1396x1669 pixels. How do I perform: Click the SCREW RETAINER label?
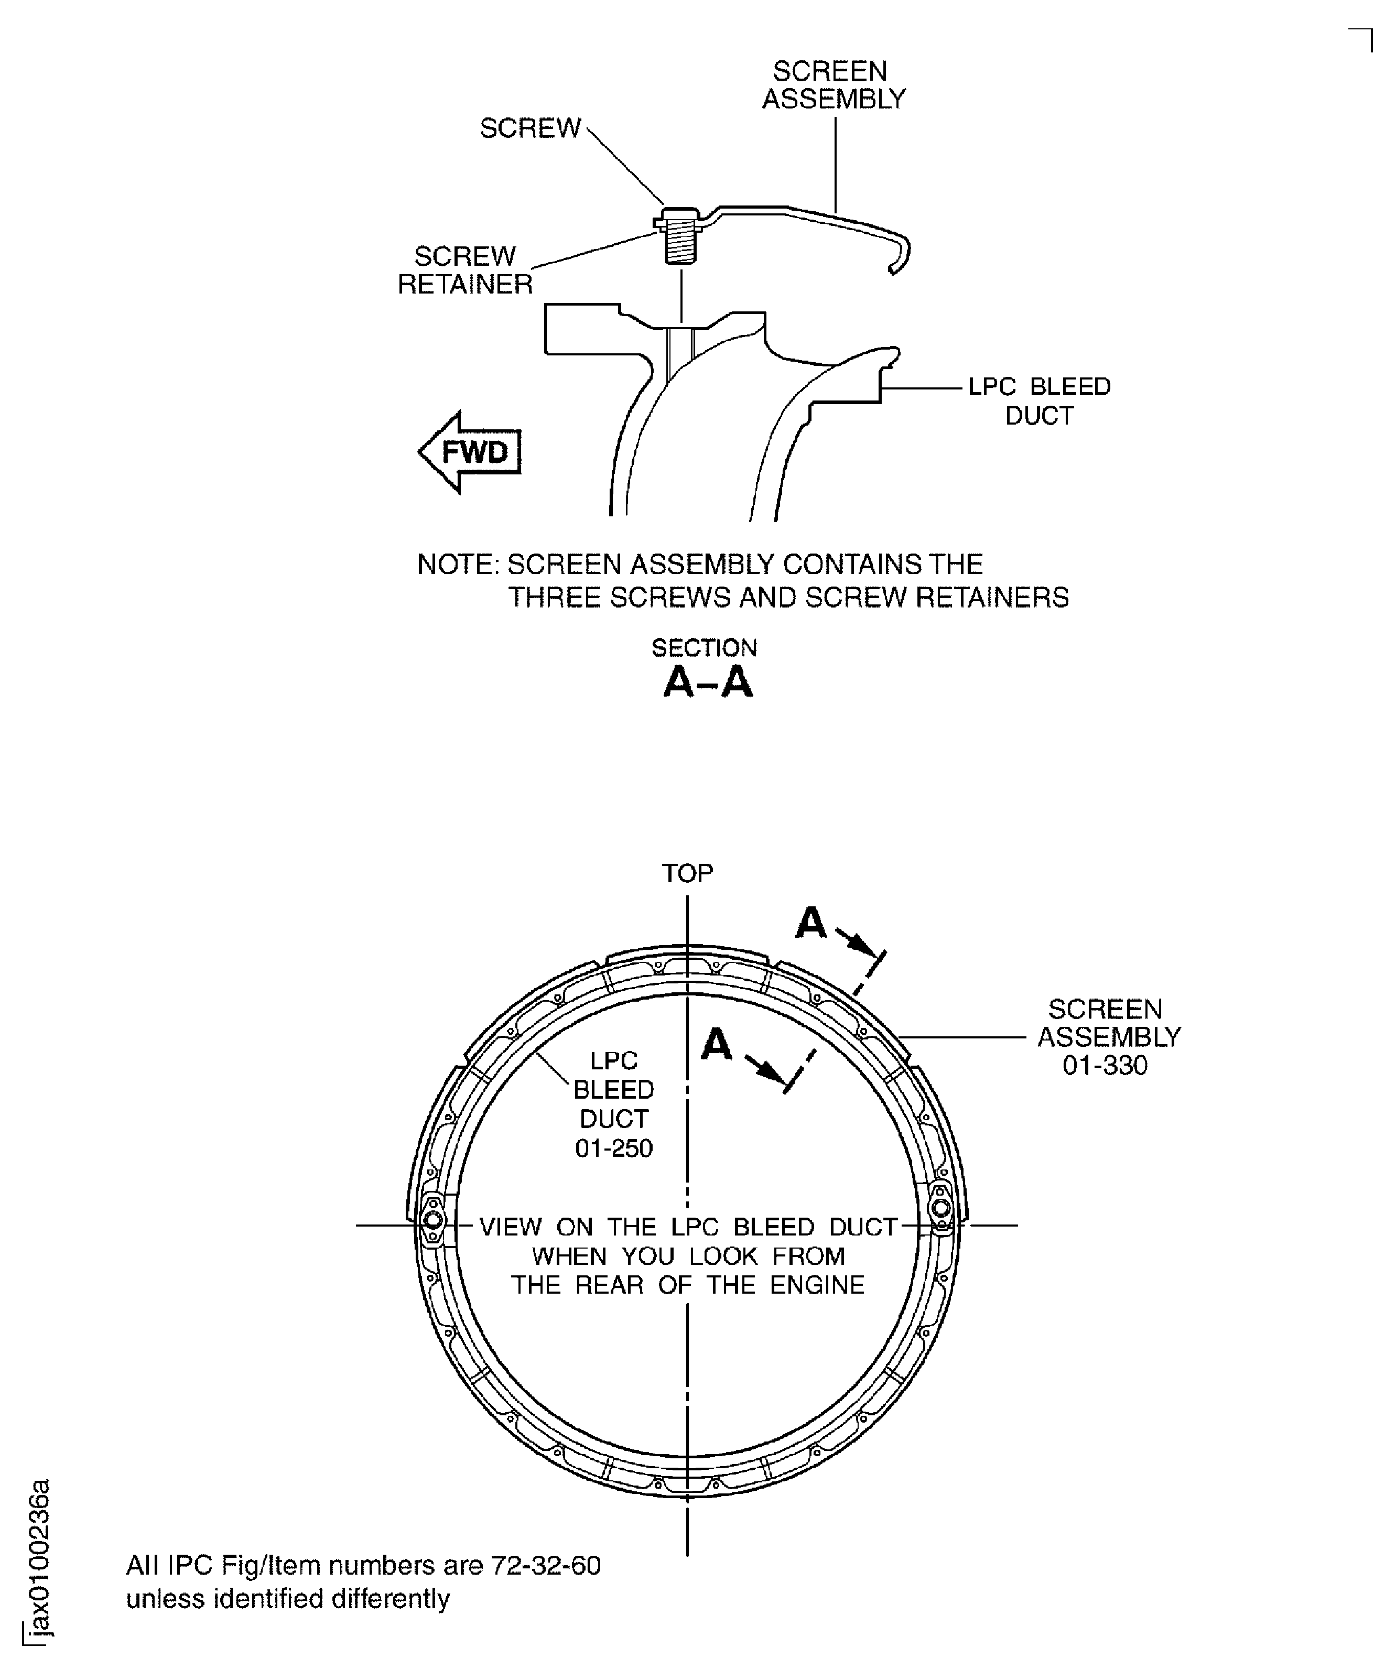pyautogui.click(x=465, y=270)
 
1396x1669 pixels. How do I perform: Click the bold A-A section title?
pyautogui.click(x=708, y=682)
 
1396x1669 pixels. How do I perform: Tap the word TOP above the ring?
pyautogui.click(x=688, y=873)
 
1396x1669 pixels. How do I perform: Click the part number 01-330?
pyautogui.click(x=1105, y=1065)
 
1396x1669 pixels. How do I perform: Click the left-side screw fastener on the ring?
pyautogui.click(x=434, y=1220)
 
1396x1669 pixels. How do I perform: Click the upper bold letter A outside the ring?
pyautogui.click(x=811, y=923)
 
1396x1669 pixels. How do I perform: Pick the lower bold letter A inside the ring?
pyautogui.click(x=716, y=1044)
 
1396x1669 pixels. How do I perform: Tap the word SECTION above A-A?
pyautogui.click(x=705, y=648)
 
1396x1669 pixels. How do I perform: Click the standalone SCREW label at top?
pyautogui.click(x=531, y=128)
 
